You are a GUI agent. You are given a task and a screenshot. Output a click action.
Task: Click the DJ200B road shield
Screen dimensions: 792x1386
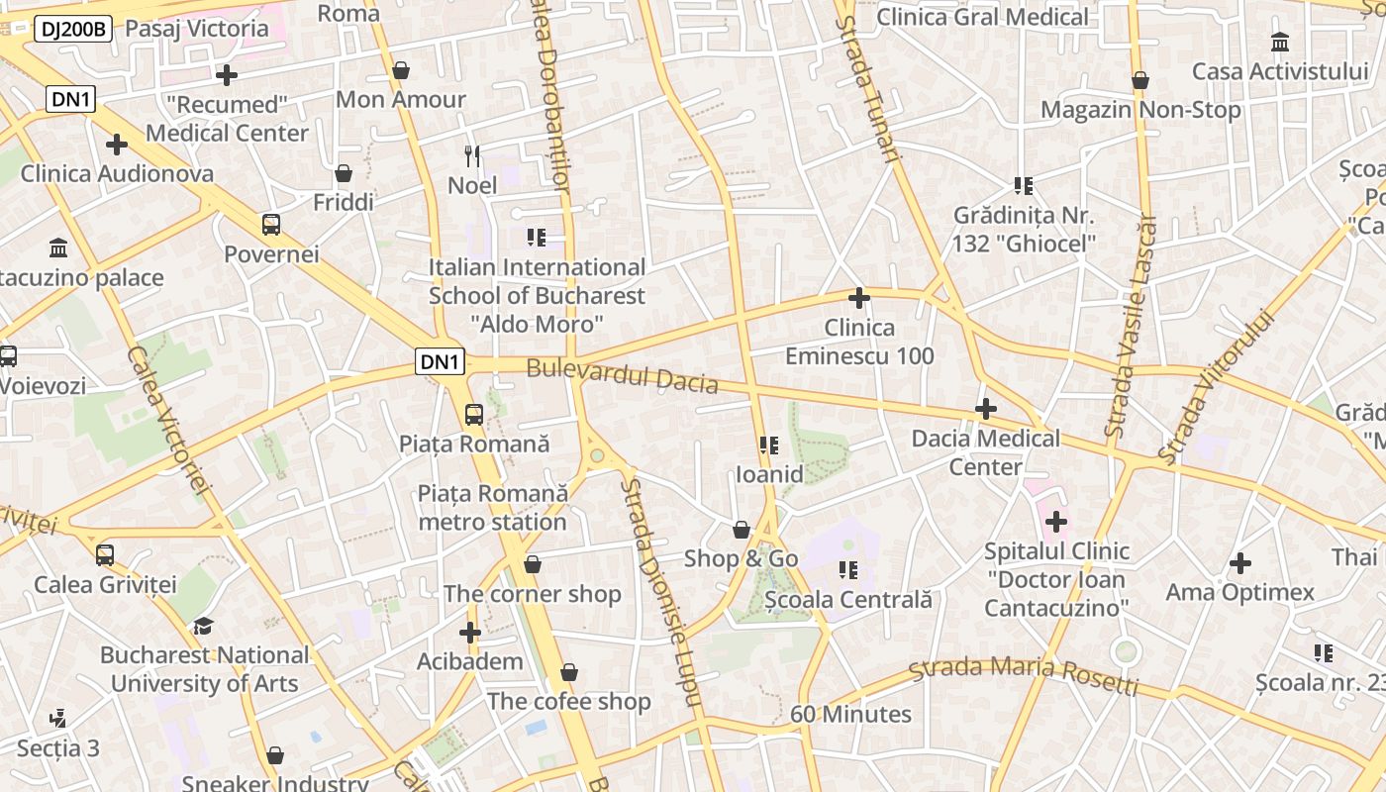[73, 30]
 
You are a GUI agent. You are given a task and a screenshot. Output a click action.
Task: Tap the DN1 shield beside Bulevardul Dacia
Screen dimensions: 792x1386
[440, 362]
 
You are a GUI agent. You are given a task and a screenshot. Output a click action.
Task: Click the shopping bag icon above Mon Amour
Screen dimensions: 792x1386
[401, 70]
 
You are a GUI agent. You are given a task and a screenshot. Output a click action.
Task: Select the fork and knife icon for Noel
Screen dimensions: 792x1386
[472, 155]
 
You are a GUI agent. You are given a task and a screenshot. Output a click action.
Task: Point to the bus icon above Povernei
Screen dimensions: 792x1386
[271, 225]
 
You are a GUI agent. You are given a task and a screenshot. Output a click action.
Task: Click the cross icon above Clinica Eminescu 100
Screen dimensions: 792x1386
[859, 297]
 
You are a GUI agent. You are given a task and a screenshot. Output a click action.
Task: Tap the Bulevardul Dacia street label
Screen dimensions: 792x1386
[622, 375]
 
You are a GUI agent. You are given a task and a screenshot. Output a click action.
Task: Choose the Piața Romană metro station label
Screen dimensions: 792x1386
[492, 507]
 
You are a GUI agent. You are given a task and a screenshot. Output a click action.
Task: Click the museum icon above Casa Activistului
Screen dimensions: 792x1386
[1280, 43]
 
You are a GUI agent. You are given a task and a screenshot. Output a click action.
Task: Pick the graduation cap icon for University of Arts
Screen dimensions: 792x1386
[203, 626]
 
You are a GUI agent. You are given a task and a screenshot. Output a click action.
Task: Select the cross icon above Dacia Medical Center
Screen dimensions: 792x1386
[986, 409]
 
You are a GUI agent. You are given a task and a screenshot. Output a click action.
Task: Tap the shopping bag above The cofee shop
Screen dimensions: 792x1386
[569, 673]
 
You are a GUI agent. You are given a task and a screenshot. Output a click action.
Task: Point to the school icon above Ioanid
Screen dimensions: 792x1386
[769, 445]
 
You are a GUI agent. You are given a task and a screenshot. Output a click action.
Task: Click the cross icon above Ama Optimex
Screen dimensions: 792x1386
[1239, 564]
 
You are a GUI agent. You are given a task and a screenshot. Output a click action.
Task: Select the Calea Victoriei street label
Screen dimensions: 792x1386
[169, 421]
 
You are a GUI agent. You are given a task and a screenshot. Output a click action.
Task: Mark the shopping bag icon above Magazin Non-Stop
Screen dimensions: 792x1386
[1140, 80]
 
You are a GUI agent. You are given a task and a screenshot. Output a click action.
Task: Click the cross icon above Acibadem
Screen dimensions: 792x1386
[470, 633]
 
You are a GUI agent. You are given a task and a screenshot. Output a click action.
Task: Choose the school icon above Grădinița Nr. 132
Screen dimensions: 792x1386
[1024, 186]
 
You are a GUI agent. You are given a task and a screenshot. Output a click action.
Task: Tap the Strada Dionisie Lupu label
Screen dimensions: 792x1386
[662, 592]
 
